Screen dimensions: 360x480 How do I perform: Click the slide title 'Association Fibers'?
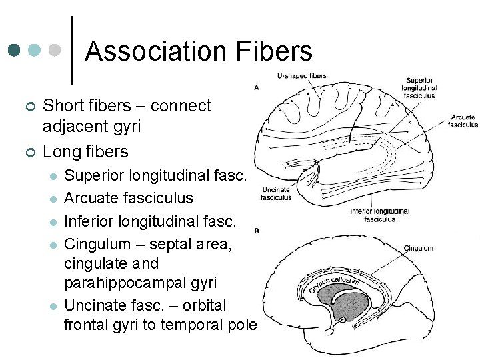coord(199,51)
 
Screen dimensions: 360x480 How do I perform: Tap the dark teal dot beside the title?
coord(14,50)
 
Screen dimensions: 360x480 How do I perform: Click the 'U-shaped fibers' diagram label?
coord(302,76)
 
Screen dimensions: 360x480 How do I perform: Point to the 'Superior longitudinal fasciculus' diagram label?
coord(419,87)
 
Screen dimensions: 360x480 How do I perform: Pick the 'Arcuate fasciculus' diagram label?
coord(463,121)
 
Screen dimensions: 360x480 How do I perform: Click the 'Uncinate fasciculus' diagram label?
coord(275,193)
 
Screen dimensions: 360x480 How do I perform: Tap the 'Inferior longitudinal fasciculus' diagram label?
coord(379,215)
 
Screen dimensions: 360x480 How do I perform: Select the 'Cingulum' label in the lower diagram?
coord(419,248)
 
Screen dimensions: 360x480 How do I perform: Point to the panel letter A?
coord(257,87)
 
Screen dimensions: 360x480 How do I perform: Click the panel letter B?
coord(257,231)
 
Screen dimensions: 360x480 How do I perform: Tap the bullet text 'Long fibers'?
coord(85,151)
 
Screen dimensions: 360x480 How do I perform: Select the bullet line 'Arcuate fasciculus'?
coord(129,198)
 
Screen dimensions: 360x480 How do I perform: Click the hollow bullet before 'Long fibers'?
coord(29,153)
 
